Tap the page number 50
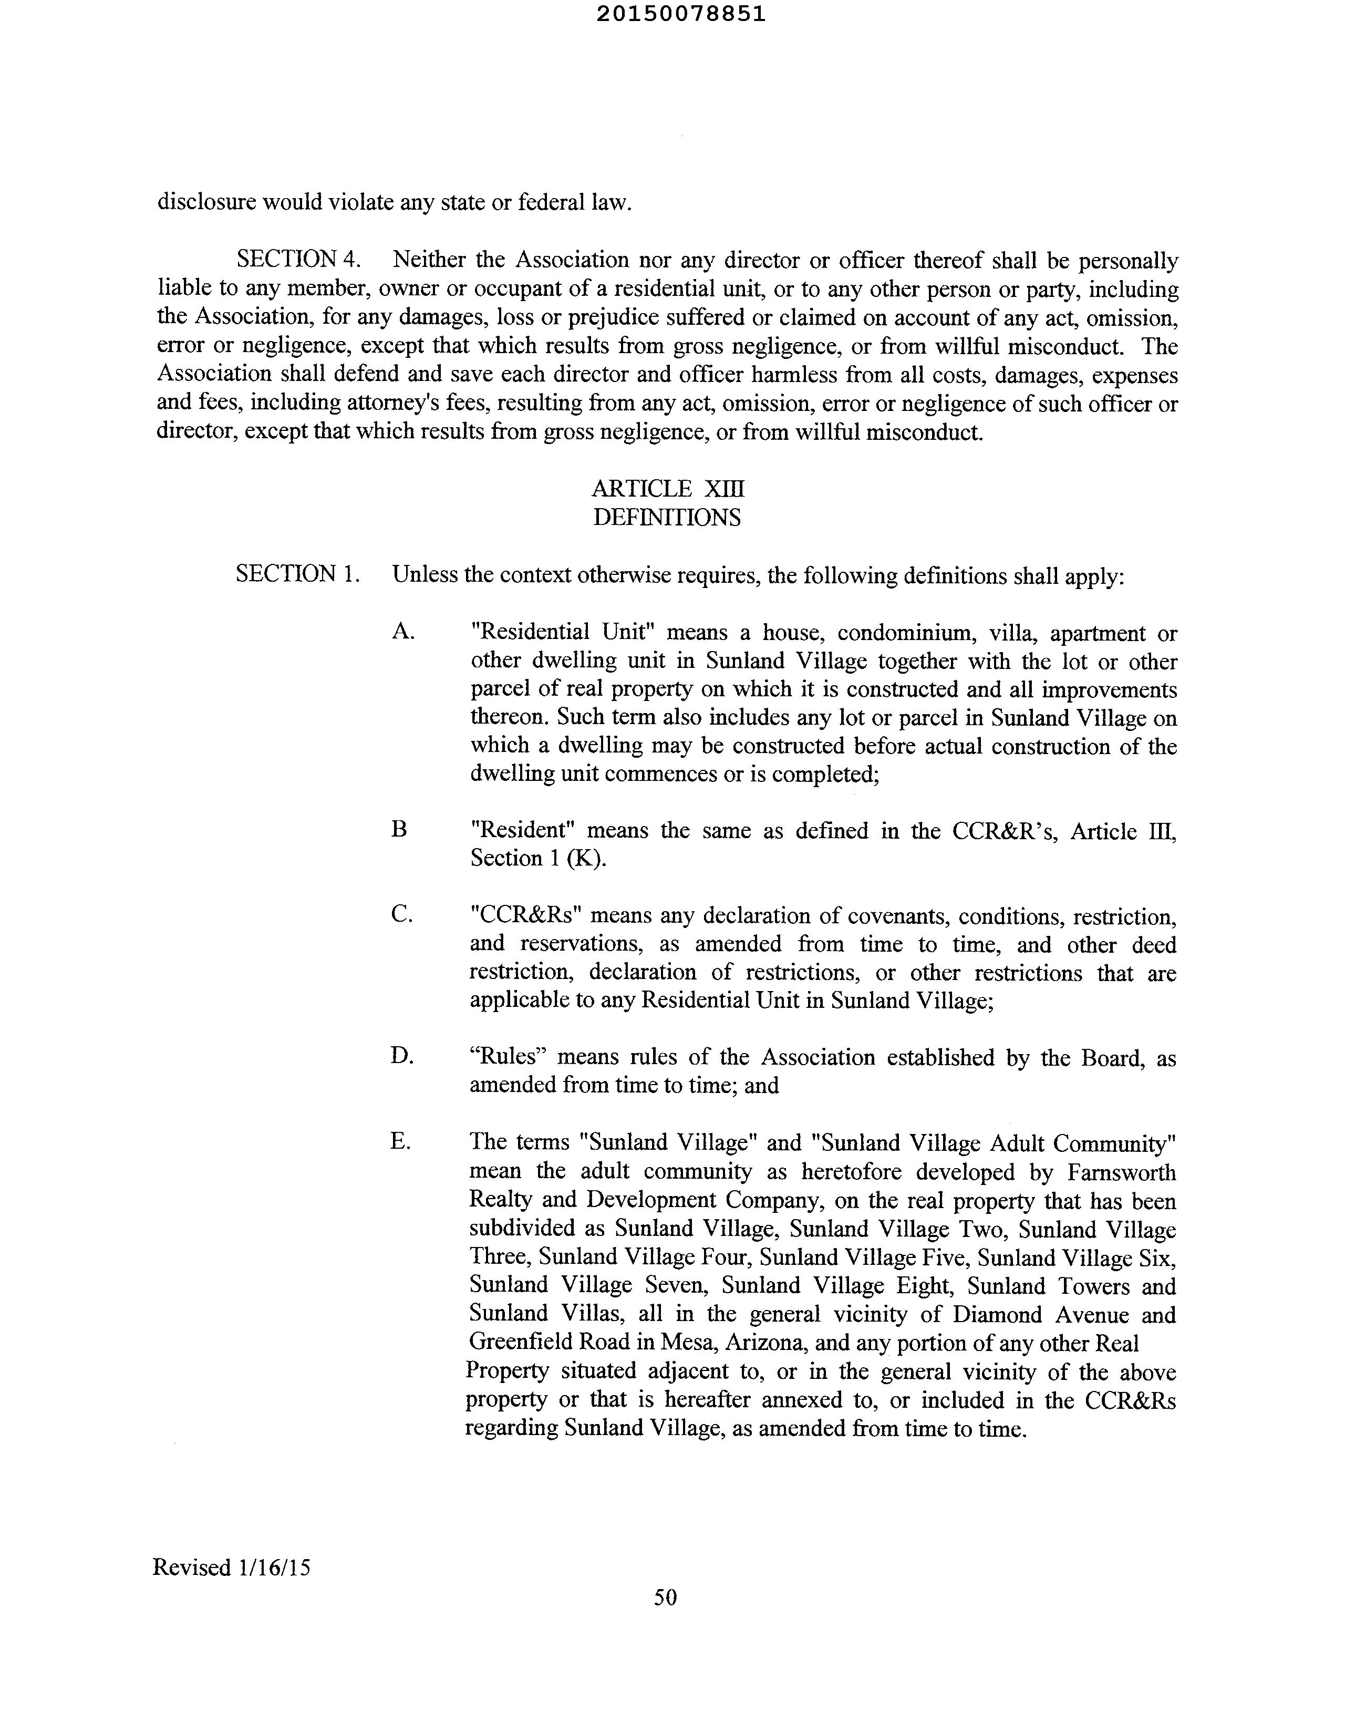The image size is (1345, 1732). (665, 1597)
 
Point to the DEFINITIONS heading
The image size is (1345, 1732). (667, 518)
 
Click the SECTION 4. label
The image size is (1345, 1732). (298, 259)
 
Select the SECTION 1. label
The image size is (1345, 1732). (298, 573)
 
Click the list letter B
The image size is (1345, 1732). (400, 830)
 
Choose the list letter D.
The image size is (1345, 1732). (401, 1056)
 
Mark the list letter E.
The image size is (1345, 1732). (400, 1141)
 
